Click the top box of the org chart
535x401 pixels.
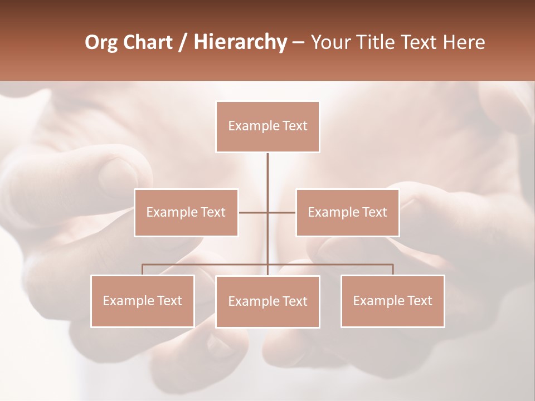(267, 126)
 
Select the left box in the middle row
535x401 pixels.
(186, 212)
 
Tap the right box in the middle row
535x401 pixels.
(347, 212)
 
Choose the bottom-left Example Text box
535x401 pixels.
(143, 301)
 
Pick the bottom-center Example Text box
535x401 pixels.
(267, 301)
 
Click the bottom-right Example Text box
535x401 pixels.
(392, 301)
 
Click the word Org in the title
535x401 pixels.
(101, 42)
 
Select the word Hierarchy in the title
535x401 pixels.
(240, 42)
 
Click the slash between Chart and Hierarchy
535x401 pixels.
(182, 42)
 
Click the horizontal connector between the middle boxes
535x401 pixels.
(254, 212)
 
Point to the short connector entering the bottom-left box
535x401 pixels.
(143, 270)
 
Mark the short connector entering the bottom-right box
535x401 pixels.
(393, 270)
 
